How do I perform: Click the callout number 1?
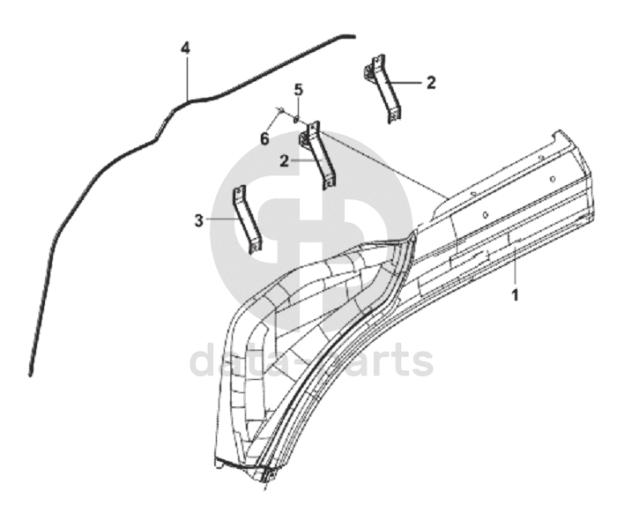tap(516, 294)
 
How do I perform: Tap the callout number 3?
tap(200, 219)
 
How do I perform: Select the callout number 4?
tap(185, 48)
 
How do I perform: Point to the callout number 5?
tap(298, 89)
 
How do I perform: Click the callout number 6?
tap(264, 138)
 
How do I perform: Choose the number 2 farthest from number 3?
tap(430, 83)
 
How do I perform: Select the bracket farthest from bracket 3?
tap(385, 88)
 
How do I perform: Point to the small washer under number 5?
tap(298, 118)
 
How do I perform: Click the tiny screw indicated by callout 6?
tap(280, 111)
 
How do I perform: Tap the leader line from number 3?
tap(220, 219)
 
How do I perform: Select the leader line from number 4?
tap(186, 76)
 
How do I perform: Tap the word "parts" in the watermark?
tap(379, 361)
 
